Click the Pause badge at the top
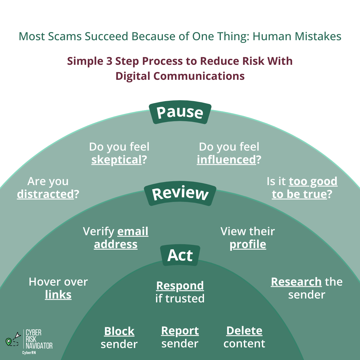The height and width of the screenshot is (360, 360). (180, 113)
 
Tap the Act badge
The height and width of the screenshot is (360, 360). (180, 256)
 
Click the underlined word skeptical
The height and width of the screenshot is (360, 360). (116, 160)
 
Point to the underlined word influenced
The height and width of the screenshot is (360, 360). (226, 160)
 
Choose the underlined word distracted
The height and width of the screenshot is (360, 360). (45, 194)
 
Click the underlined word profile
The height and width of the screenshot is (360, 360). (248, 244)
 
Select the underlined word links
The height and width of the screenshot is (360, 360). (58, 295)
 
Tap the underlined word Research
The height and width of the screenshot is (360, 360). (296, 282)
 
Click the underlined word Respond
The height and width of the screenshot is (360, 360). (180, 286)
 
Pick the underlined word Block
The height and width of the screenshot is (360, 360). (119, 331)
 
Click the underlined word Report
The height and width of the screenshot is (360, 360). (180, 331)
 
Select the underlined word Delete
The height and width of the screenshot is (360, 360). (244, 331)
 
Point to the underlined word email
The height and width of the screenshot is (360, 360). (133, 232)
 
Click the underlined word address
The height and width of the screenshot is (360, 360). (116, 244)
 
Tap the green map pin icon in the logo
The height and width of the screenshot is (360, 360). (8, 341)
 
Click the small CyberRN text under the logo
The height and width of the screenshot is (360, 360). (29, 353)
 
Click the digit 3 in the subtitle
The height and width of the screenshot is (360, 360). (109, 61)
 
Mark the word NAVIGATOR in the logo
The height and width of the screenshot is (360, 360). (39, 346)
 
